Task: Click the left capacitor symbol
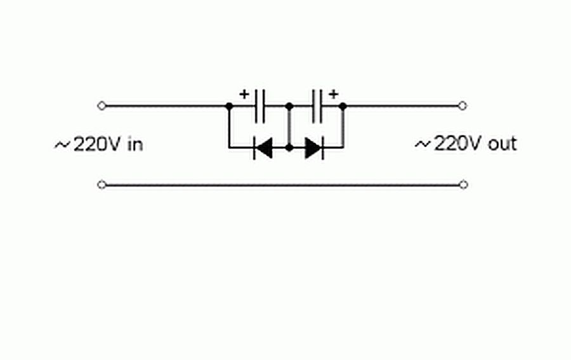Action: pyautogui.click(x=260, y=106)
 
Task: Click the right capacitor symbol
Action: pyautogui.click(x=317, y=106)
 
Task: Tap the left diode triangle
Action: pyautogui.click(x=264, y=148)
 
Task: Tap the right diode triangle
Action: pyautogui.click(x=313, y=148)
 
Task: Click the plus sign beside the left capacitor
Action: pyautogui.click(x=244, y=95)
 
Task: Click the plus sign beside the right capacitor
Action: pyautogui.click(x=334, y=95)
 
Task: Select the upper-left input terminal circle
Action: pyautogui.click(x=102, y=106)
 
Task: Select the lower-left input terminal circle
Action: pyautogui.click(x=102, y=185)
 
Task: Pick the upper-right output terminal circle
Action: pyautogui.click(x=463, y=106)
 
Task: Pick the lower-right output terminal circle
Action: pyautogui.click(x=463, y=185)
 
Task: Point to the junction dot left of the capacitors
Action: pyautogui.click(x=229, y=107)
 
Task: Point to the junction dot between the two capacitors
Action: pyautogui.click(x=289, y=107)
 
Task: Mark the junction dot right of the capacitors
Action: pyautogui.click(x=343, y=107)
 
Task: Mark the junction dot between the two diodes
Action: pyautogui.click(x=289, y=148)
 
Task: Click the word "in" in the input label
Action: pyautogui.click(x=135, y=144)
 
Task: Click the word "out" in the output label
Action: pyautogui.click(x=502, y=144)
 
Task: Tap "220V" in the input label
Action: pyautogui.click(x=98, y=144)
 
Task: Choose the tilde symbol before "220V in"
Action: pyautogui.click(x=62, y=145)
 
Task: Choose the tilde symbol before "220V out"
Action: pyautogui.click(x=423, y=145)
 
